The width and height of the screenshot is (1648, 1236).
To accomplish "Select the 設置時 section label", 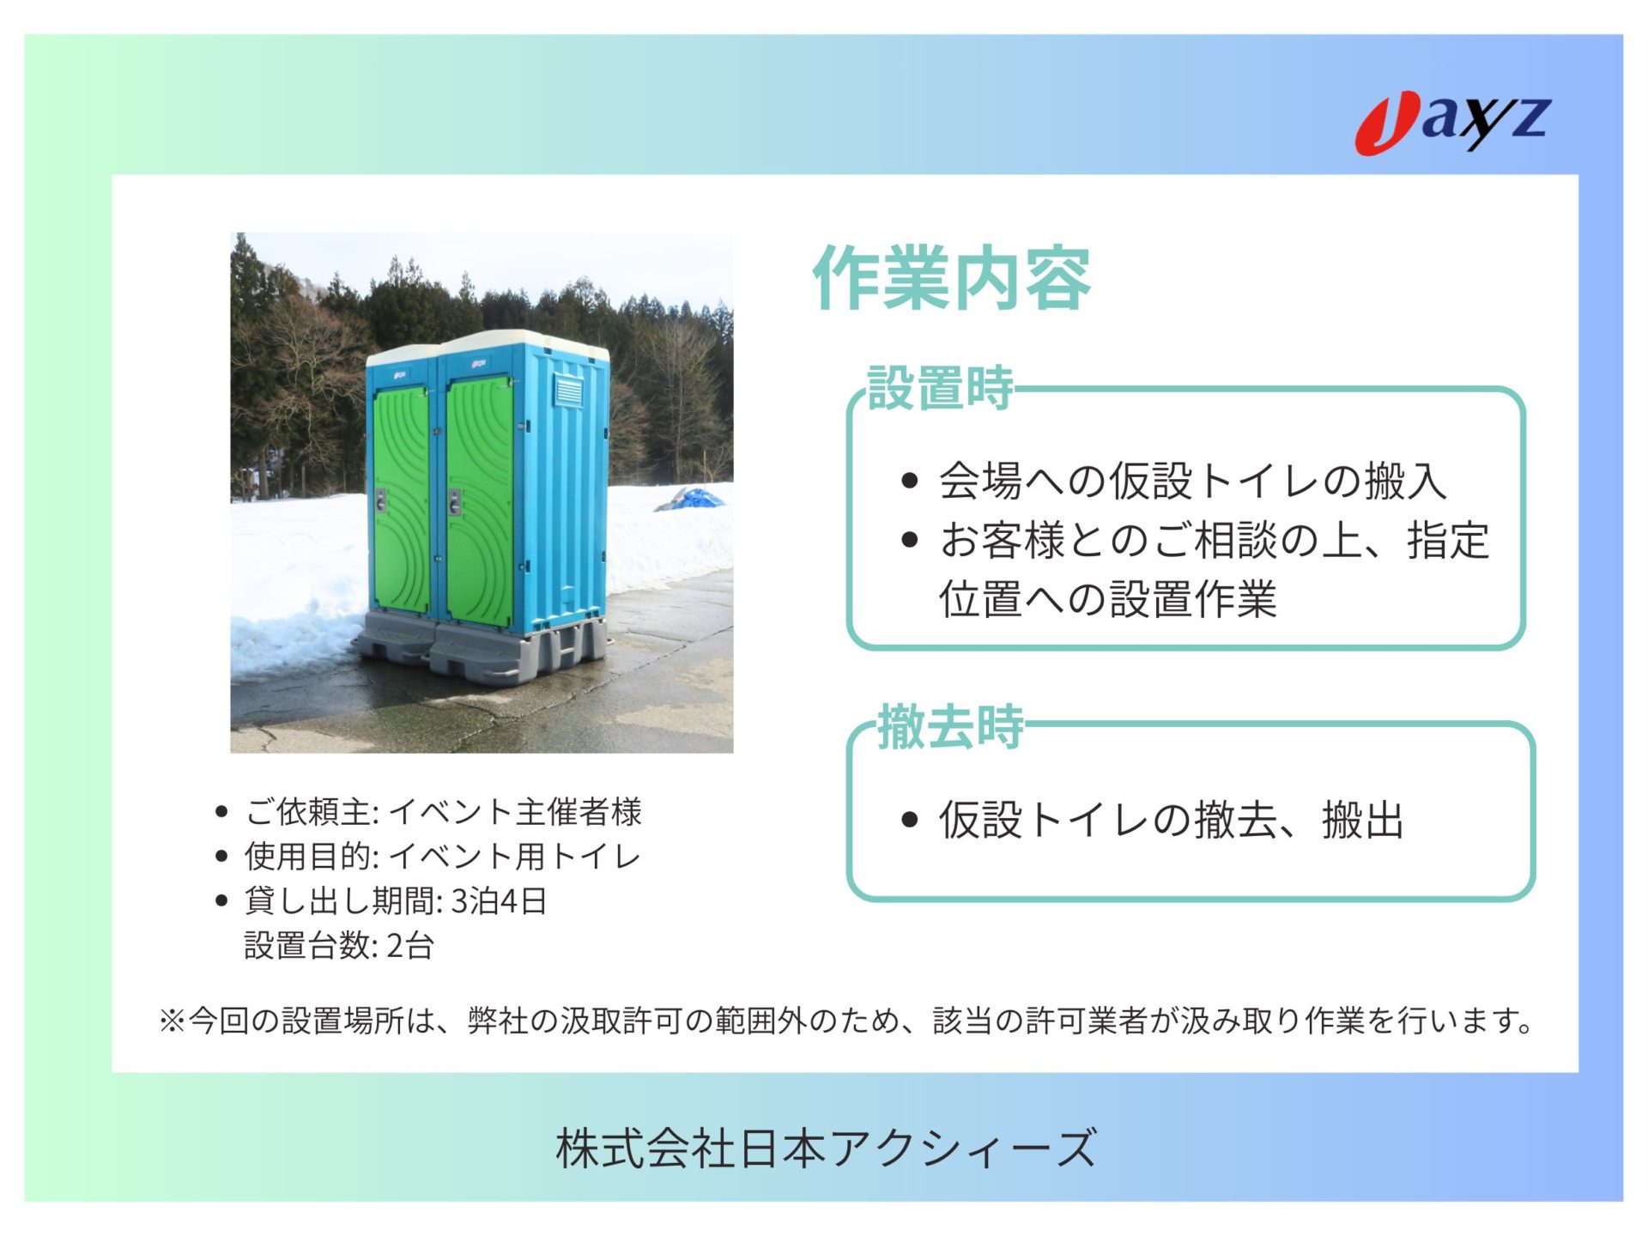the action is (941, 388).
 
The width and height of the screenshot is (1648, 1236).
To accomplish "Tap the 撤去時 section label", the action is (951, 726).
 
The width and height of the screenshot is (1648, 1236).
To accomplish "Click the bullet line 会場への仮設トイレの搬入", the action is (1193, 480).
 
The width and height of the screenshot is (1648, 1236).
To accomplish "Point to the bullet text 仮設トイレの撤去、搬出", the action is (1171, 819).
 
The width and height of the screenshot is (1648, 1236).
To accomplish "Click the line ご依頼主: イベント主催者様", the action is (443, 811).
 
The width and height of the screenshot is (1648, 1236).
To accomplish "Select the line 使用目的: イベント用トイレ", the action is (443, 856).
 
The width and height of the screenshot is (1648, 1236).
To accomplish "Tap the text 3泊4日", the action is (499, 900).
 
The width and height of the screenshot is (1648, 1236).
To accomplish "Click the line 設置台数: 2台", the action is (339, 945).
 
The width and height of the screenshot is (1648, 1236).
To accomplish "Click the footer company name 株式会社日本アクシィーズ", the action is (826, 1148).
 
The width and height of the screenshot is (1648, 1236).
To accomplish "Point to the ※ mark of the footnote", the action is (173, 1021).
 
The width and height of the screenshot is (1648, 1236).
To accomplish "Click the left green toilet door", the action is (401, 500).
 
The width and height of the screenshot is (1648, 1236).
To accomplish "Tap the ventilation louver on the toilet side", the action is (568, 391).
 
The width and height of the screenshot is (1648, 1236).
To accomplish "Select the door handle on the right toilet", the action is (455, 501).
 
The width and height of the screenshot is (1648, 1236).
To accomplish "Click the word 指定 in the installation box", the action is (1448, 540).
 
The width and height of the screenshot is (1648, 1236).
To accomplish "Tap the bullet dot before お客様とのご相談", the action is (910, 540).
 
